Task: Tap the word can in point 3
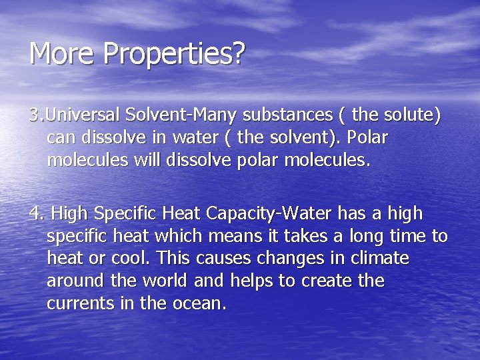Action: pos(60,138)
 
